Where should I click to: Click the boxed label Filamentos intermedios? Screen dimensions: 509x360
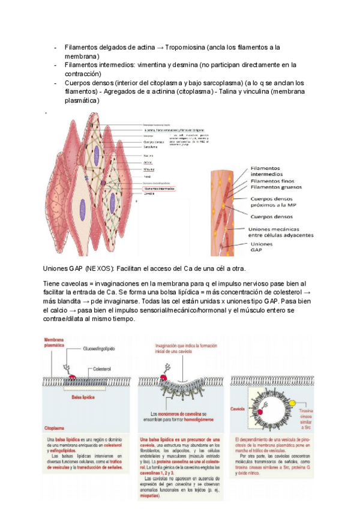pyautogui.click(x=159, y=188)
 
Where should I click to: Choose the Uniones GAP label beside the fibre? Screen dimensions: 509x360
pyautogui.click(x=262, y=248)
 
